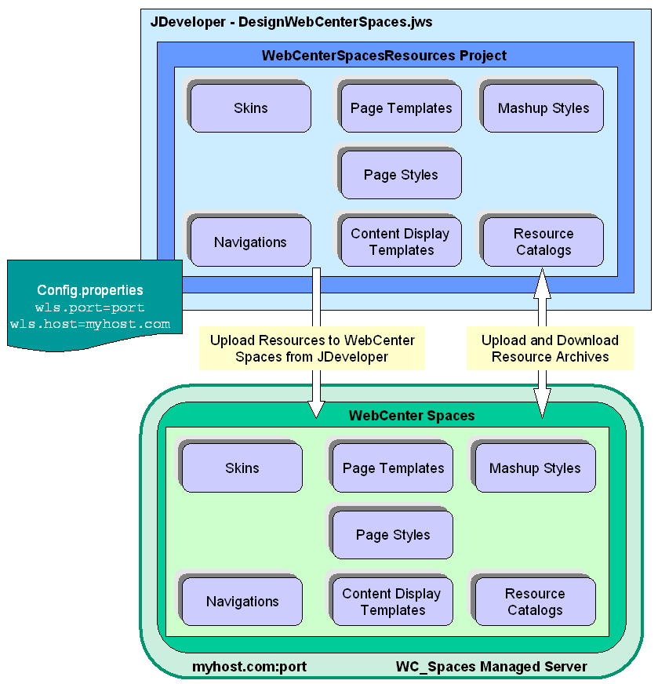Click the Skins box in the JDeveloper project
tap(251, 108)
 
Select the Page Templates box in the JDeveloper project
tap(401, 108)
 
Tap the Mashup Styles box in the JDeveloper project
tap(543, 108)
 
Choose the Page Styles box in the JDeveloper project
tap(401, 175)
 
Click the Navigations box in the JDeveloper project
tap(251, 242)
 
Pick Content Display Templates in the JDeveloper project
tap(401, 242)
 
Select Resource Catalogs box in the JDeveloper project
tap(543, 242)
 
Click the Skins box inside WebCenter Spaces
tap(242, 468)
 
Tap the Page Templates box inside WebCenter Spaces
tap(393, 468)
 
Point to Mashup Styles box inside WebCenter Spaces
tap(535, 468)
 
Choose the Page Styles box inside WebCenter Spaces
tap(393, 535)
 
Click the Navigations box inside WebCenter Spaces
tap(242, 602)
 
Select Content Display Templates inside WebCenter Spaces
tap(391, 602)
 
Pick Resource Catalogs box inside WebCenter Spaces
tap(535, 602)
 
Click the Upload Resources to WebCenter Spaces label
tap(312, 348)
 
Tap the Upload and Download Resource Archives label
tap(550, 348)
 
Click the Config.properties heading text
tap(90, 291)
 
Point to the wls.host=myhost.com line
tap(90, 324)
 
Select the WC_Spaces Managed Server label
tap(491, 667)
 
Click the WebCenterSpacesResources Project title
tap(384, 56)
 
